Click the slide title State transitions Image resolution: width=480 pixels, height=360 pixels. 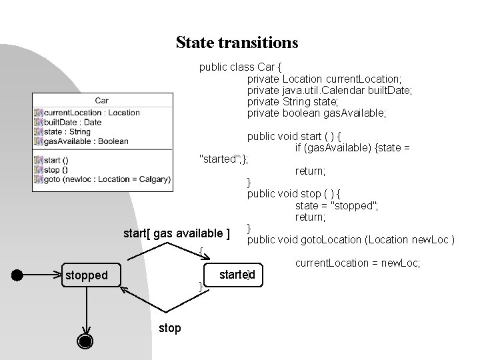[x=237, y=43]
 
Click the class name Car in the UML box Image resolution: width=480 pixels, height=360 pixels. [x=102, y=101]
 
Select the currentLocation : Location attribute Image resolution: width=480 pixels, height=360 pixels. [x=91, y=113]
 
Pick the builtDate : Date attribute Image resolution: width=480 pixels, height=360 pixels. [x=73, y=122]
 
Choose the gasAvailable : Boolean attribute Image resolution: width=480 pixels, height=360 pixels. [x=85, y=141]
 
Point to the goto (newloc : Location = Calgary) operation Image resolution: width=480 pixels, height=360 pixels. [x=107, y=179]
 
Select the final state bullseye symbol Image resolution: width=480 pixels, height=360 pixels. [x=85, y=341]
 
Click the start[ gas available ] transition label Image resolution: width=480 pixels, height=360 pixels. [x=177, y=233]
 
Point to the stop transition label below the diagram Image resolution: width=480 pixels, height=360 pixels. [x=169, y=328]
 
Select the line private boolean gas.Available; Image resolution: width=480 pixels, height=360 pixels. [x=317, y=113]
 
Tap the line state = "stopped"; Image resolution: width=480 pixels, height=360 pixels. [x=337, y=205]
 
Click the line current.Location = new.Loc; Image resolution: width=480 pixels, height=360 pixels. [x=357, y=263]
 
